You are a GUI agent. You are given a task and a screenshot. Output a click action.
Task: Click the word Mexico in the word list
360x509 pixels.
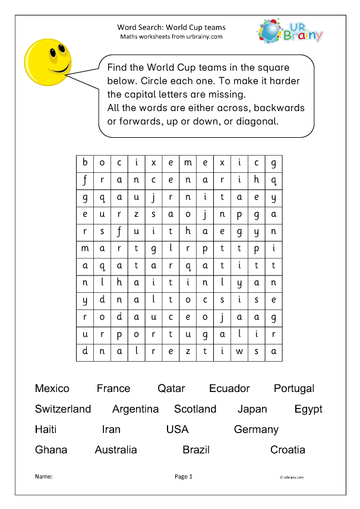pos(52,389)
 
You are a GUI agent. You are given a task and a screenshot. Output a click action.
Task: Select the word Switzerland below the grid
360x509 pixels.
pos(63,409)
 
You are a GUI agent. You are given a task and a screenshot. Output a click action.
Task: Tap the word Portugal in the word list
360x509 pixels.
pos(294,389)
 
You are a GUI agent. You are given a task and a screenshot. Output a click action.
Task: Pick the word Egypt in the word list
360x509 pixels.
pos(308,409)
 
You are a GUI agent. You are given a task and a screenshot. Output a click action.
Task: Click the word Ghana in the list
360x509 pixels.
pos(51,450)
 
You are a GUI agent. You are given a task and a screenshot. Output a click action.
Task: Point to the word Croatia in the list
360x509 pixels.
pos(288,450)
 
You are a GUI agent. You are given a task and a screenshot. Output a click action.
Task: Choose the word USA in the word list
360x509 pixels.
pos(178,429)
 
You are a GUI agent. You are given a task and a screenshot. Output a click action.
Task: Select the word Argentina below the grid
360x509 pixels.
pos(135,409)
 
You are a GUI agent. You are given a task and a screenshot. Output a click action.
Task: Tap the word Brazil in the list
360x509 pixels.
pos(196,450)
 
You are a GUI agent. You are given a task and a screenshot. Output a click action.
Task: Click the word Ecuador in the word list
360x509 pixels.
pos(229,389)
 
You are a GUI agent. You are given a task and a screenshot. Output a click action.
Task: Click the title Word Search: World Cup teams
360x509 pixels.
pos(172,27)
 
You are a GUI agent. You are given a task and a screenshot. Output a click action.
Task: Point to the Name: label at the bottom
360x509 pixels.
pos(44,476)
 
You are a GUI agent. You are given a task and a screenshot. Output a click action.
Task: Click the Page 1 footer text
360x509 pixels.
pos(184,476)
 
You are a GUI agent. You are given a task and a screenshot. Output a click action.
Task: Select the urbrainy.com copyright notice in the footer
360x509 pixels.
pos(291,477)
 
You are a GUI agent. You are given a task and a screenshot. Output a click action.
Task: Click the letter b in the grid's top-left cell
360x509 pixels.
pos(85,163)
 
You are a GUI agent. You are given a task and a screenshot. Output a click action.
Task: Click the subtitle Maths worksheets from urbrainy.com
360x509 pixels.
pos(172,36)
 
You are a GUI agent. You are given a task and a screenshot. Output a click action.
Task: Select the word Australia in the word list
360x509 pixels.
pos(116,450)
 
